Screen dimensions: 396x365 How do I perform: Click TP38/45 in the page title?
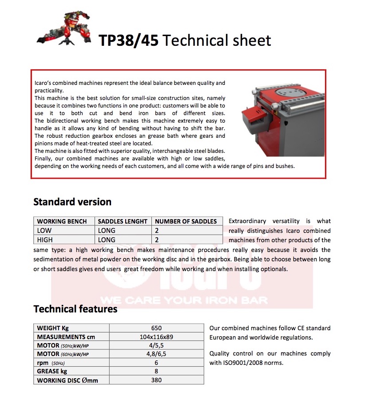pyautogui.click(x=128, y=40)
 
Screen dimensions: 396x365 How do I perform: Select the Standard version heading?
pyautogui.click(x=72, y=202)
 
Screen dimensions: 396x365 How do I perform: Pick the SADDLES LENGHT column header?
pyautogui.click(x=123, y=221)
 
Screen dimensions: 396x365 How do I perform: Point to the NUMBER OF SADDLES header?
pyautogui.click(x=186, y=221)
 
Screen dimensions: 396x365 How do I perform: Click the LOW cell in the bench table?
pyautogui.click(x=44, y=230)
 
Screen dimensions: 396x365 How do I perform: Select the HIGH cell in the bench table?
pyautogui.click(x=45, y=240)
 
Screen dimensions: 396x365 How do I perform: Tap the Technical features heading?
pyautogui.click(x=75, y=308)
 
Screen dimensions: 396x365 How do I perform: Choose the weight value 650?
pyautogui.click(x=156, y=328)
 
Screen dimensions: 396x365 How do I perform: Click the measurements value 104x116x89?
pyautogui.click(x=156, y=336)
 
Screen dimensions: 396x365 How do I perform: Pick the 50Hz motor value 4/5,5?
pyautogui.click(x=156, y=345)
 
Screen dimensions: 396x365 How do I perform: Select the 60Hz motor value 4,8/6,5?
pyautogui.click(x=156, y=354)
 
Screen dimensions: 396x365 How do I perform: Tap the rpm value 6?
pyautogui.click(x=156, y=363)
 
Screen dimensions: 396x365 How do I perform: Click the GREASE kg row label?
pyautogui.click(x=52, y=371)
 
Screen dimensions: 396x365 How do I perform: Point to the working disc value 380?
pyautogui.click(x=156, y=380)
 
